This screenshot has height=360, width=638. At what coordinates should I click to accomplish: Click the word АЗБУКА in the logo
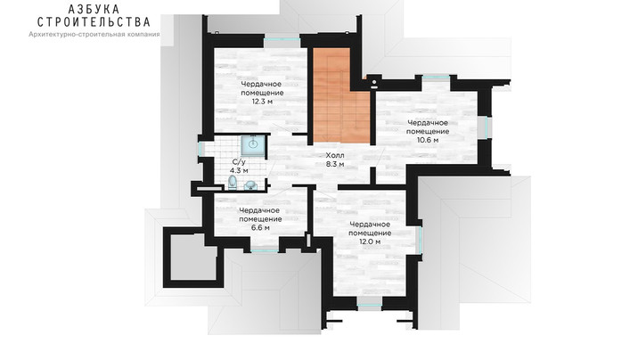point(94,9)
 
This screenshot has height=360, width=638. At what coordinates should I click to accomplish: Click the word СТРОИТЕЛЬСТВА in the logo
point(94,22)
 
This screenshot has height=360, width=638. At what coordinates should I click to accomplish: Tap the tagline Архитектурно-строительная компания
point(94,35)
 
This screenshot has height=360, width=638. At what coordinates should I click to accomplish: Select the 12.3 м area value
point(262,102)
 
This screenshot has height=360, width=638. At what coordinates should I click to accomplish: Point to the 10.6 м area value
point(428,140)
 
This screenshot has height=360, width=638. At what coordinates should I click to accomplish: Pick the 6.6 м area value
point(260,228)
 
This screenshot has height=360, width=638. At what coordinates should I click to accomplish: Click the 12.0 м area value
point(370,241)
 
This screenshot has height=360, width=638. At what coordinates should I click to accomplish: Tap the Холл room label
point(335,155)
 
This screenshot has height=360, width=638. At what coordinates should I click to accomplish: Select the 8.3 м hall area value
point(335,164)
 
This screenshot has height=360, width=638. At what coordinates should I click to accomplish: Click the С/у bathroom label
point(239,161)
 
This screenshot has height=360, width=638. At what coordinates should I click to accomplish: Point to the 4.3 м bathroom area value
point(239,171)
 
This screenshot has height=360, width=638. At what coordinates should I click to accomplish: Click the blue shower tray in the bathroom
point(253,145)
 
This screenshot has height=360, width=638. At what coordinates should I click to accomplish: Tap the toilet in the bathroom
point(233,183)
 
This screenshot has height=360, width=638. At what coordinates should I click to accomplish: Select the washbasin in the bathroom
point(250,186)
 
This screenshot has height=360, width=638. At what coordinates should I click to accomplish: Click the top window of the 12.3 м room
point(282,38)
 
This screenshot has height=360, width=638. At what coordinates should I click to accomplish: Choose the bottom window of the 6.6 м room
point(264,251)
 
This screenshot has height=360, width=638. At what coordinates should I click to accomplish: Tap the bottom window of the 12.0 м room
point(370,304)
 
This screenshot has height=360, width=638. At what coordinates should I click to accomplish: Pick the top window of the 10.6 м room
point(436,77)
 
